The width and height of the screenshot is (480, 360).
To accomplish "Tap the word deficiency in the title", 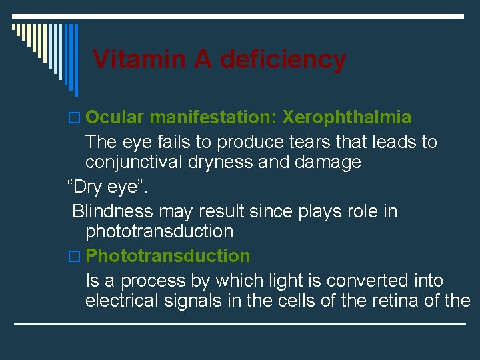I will point(283,59).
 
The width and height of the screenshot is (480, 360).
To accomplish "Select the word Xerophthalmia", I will point(347,117).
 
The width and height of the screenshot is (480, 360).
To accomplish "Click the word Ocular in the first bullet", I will point(115,117).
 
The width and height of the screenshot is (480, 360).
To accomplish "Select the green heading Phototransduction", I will point(168,255).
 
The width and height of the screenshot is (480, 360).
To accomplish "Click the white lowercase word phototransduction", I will point(159,231).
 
